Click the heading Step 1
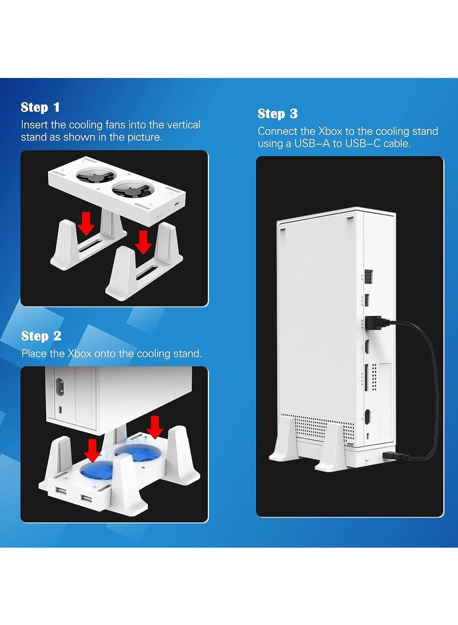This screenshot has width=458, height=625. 40,107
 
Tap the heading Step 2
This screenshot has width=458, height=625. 41,336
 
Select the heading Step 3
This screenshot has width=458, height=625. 278,113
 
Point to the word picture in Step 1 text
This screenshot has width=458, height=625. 143,138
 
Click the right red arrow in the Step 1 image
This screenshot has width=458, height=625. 143,242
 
